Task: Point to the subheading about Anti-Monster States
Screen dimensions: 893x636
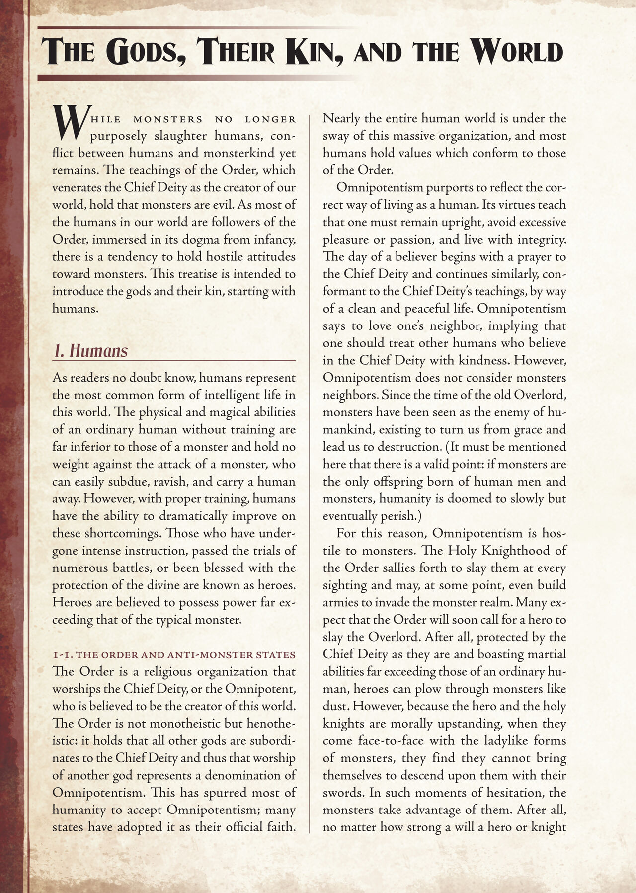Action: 174,654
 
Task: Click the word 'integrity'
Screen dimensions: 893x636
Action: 539,240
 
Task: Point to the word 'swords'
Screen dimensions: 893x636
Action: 340,792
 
